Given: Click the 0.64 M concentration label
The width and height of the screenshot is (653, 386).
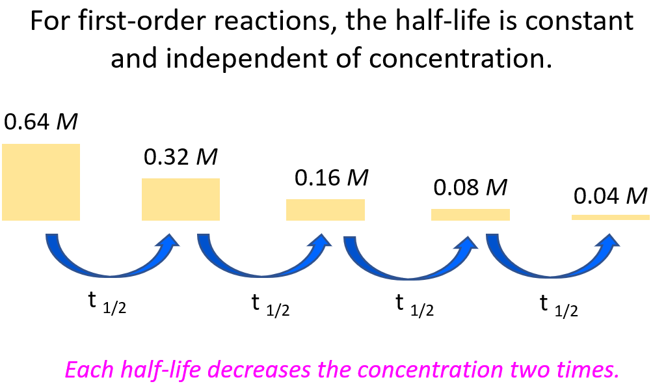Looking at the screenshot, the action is point(41,122).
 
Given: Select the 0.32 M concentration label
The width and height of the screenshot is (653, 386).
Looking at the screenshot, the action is point(180,157).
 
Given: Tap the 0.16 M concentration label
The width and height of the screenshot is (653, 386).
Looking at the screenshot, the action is point(332,178).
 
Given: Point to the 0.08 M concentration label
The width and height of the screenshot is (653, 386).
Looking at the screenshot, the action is point(470,187).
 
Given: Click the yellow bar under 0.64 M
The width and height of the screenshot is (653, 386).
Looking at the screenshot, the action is point(41,182).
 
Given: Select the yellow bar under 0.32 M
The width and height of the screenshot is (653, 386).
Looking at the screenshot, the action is point(181,199).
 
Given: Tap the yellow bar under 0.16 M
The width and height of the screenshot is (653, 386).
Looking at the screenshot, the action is point(325,210).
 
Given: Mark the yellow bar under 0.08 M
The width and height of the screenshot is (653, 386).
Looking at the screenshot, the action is point(470,215).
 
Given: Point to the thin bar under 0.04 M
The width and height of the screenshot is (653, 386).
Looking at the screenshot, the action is point(611,217).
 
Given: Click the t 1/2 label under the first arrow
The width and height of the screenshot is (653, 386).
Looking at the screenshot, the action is point(107,303).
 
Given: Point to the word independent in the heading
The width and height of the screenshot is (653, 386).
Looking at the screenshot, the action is point(247,57).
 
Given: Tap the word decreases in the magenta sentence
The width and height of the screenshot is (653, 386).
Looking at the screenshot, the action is point(259,369).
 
